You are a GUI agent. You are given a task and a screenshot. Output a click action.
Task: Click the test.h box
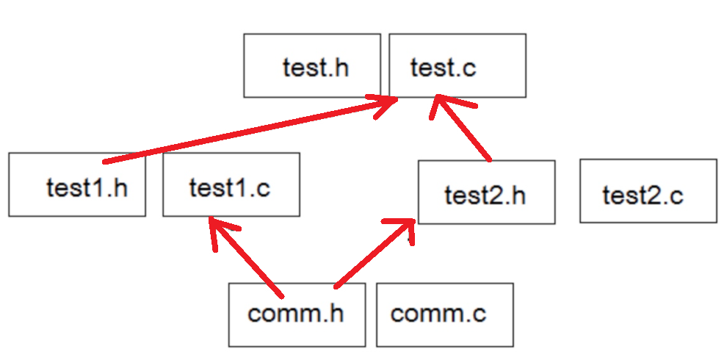click(312, 65)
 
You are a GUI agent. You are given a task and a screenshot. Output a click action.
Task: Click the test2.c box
click(648, 191)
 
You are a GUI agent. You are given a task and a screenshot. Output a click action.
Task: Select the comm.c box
click(444, 314)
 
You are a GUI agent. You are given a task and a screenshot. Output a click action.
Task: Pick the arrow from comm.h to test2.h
click(371, 253)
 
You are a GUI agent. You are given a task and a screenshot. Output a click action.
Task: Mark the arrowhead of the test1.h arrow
click(387, 104)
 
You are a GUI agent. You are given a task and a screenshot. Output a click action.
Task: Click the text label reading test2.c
click(643, 195)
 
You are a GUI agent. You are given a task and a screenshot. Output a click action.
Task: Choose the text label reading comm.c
click(438, 314)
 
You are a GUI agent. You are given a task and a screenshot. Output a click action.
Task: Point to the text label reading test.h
click(315, 68)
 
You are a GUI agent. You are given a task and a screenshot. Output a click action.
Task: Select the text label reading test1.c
click(229, 187)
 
